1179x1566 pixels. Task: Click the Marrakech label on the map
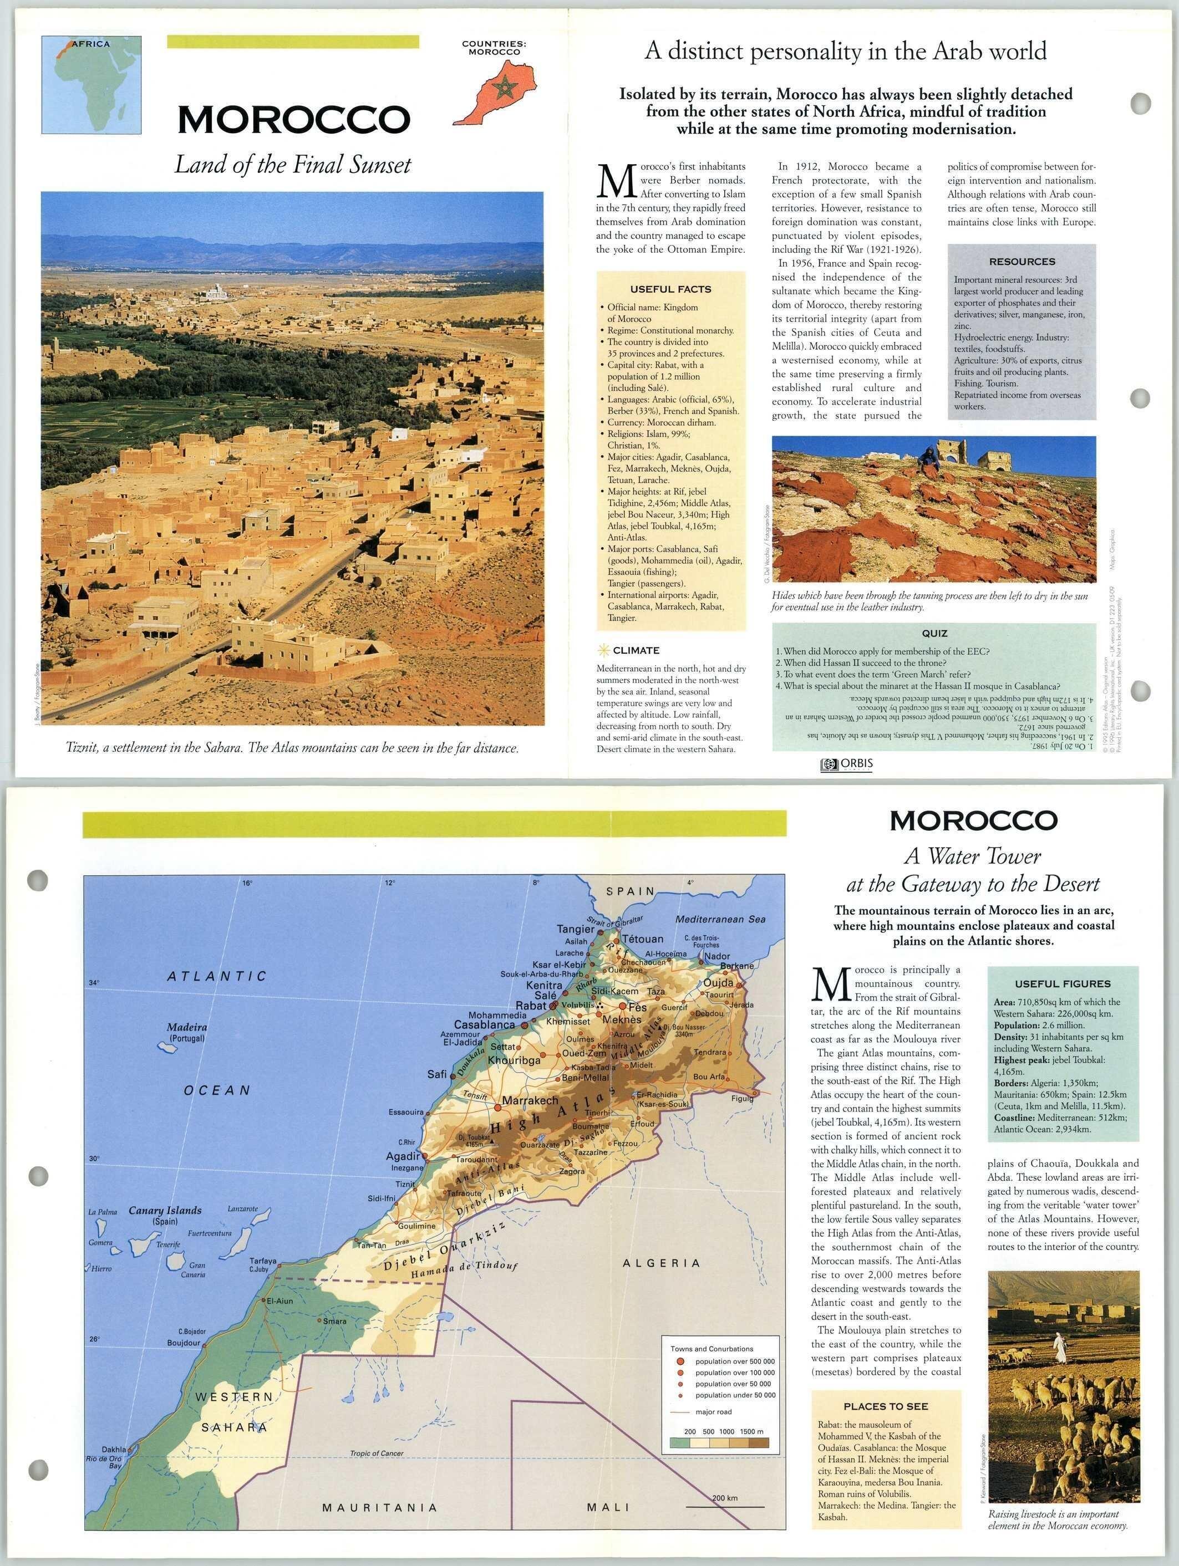[x=530, y=1101]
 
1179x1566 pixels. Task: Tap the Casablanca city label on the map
[x=484, y=1024]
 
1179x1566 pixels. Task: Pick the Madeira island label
[x=187, y=1027]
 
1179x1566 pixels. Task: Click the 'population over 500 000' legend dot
[x=680, y=1361]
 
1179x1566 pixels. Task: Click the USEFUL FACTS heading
[x=670, y=289]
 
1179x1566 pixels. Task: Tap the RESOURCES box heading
[x=1022, y=261]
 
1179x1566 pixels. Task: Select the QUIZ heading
[x=934, y=633]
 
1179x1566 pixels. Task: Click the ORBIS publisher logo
[x=846, y=764]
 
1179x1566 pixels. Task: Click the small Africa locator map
[x=92, y=85]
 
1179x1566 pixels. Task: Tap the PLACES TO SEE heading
[x=885, y=1406]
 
